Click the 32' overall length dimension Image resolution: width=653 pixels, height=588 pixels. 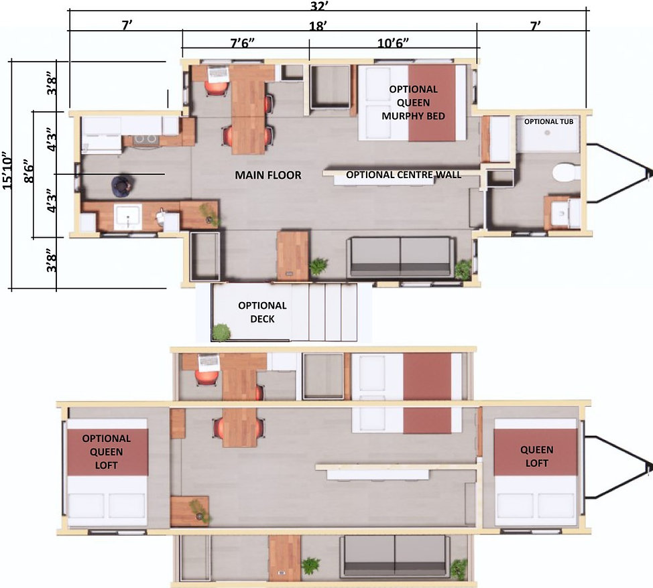319,5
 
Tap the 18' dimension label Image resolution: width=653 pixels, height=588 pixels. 318,26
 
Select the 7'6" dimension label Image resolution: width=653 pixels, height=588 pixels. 243,43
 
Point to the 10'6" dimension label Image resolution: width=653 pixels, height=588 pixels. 393,43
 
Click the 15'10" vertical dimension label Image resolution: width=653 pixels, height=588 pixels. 8,170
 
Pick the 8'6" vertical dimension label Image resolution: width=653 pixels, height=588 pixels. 29,171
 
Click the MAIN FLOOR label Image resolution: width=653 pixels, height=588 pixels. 268,175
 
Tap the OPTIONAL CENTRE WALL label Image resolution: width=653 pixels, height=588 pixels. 404,175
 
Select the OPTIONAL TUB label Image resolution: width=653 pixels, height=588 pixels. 548,121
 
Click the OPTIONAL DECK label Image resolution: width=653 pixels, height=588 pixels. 262,312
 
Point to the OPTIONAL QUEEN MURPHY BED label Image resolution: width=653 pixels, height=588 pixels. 413,102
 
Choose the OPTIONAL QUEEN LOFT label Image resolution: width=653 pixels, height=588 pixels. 106,451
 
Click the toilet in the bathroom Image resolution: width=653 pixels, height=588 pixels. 567,172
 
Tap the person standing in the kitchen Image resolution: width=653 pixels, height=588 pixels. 121,186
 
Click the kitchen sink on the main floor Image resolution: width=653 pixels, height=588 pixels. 128,217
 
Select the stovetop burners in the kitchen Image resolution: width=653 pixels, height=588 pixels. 145,139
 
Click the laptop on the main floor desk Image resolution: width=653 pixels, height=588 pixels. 218,73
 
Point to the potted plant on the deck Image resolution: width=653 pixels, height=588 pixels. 221,332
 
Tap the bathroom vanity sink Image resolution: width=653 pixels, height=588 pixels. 560,213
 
